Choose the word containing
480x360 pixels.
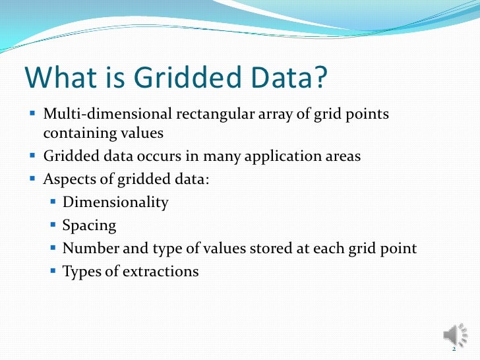pyautogui.click(x=76, y=133)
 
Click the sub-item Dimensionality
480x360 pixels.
pyautogui.click(x=115, y=202)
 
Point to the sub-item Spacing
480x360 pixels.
pyautogui.click(x=89, y=225)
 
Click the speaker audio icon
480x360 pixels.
pyautogui.click(x=454, y=335)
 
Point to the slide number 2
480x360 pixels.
pyautogui.click(x=454, y=350)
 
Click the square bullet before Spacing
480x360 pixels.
pyautogui.click(x=54, y=225)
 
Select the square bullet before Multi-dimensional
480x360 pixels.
pyautogui.click(x=34, y=114)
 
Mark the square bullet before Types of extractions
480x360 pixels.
pyautogui.click(x=54, y=271)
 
